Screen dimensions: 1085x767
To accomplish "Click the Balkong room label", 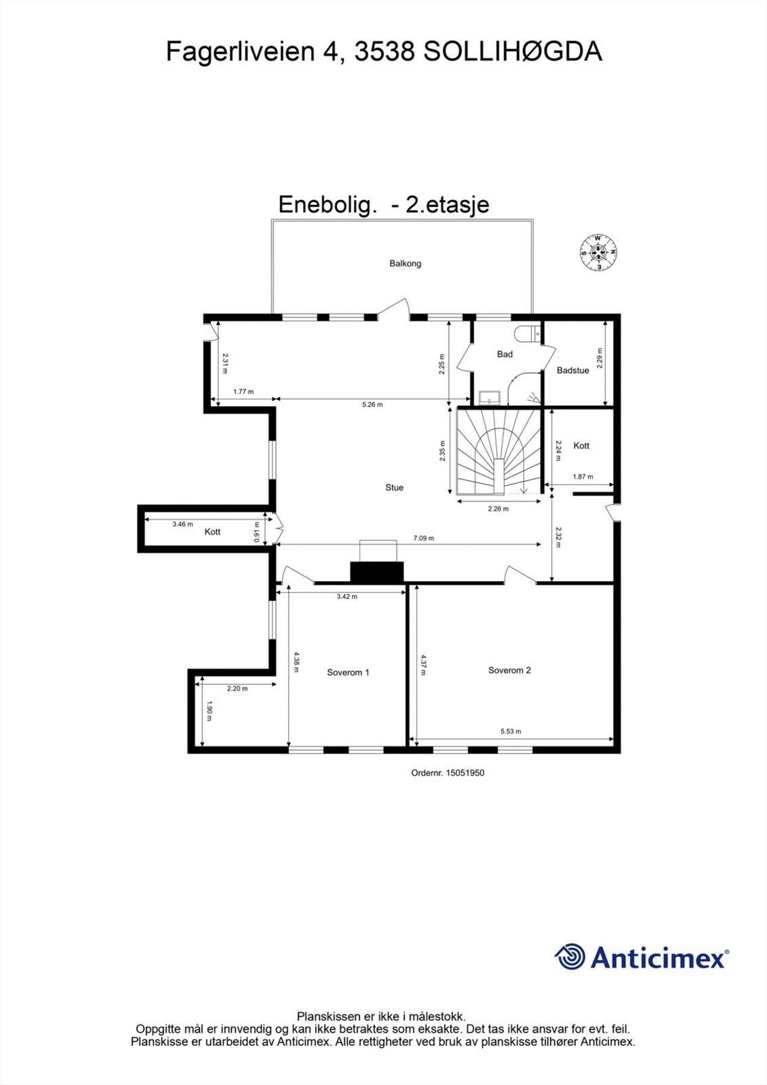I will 405,263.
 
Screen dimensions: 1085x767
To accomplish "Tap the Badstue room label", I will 572,371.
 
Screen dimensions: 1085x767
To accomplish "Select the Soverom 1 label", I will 348,672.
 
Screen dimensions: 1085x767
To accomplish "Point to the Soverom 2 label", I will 510,670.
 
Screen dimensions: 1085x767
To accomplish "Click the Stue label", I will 394,487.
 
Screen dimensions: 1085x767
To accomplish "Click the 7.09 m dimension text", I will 423,538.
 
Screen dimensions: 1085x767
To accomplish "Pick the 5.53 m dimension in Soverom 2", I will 510,731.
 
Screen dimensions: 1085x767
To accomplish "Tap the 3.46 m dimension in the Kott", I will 183,524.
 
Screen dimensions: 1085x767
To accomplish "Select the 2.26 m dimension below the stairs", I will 498,509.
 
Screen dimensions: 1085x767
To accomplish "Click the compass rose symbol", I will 598,253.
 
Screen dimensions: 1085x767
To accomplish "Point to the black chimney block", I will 377,573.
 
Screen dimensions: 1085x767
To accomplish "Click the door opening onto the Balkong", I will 393,309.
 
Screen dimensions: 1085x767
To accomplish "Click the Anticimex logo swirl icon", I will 570,957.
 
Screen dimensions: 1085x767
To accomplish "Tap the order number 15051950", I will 464,773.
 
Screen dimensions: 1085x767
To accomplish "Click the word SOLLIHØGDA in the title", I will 513,52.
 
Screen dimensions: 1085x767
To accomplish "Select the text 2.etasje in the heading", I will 447,205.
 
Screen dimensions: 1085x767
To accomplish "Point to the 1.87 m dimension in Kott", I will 582,477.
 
